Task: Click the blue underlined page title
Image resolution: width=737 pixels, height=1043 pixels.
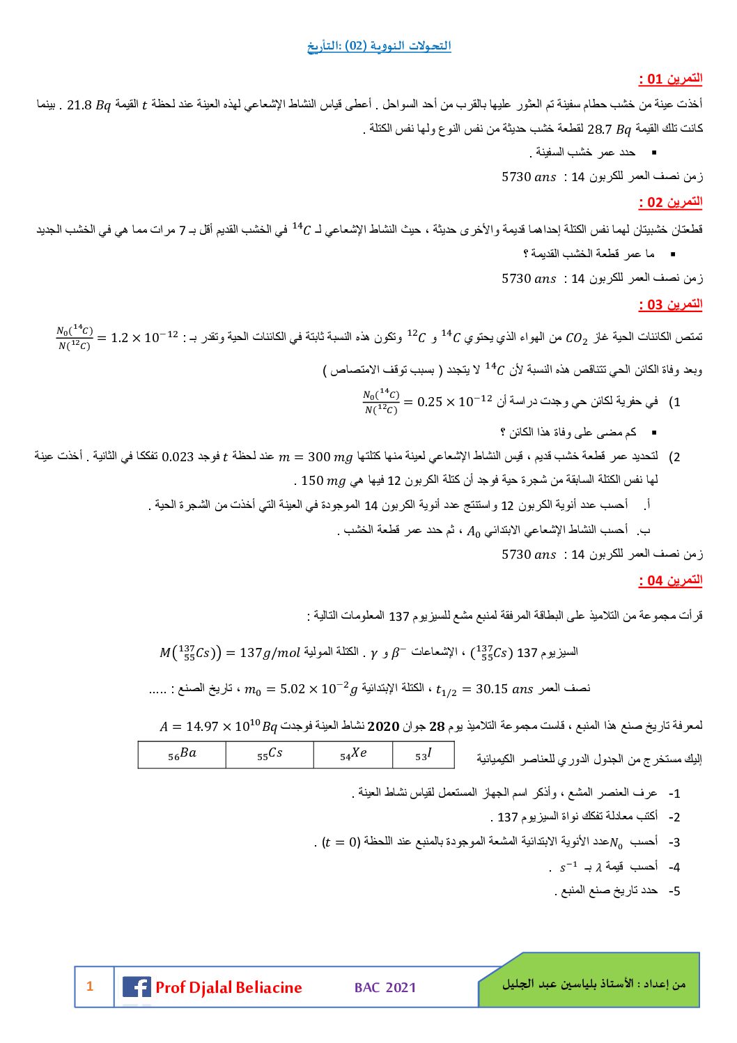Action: [x=379, y=46]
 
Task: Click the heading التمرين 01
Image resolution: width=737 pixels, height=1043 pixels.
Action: [x=670, y=79]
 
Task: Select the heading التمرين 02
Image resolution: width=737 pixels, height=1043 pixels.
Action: [x=670, y=202]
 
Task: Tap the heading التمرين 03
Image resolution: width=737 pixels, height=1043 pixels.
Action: [x=670, y=304]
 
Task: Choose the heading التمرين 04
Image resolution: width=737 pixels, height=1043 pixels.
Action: [x=670, y=580]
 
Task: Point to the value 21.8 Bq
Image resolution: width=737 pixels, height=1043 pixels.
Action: [x=88, y=105]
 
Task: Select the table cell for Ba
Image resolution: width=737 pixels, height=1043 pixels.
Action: [x=182, y=754]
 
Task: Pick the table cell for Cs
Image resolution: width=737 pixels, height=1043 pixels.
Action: [x=270, y=754]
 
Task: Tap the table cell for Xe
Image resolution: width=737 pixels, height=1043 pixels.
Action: [x=353, y=754]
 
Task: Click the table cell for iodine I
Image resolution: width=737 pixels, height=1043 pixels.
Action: [x=424, y=754]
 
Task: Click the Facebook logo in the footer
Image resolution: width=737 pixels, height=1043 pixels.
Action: [x=137, y=987]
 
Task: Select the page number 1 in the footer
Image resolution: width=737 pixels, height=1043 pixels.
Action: [x=90, y=986]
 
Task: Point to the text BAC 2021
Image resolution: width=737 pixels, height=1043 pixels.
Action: [x=385, y=987]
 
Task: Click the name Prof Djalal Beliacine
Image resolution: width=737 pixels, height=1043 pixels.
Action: [x=228, y=987]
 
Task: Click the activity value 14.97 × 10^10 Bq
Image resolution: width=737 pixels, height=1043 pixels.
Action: [x=218, y=727]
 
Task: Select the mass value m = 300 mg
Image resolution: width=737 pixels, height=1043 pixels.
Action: [x=316, y=457]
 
